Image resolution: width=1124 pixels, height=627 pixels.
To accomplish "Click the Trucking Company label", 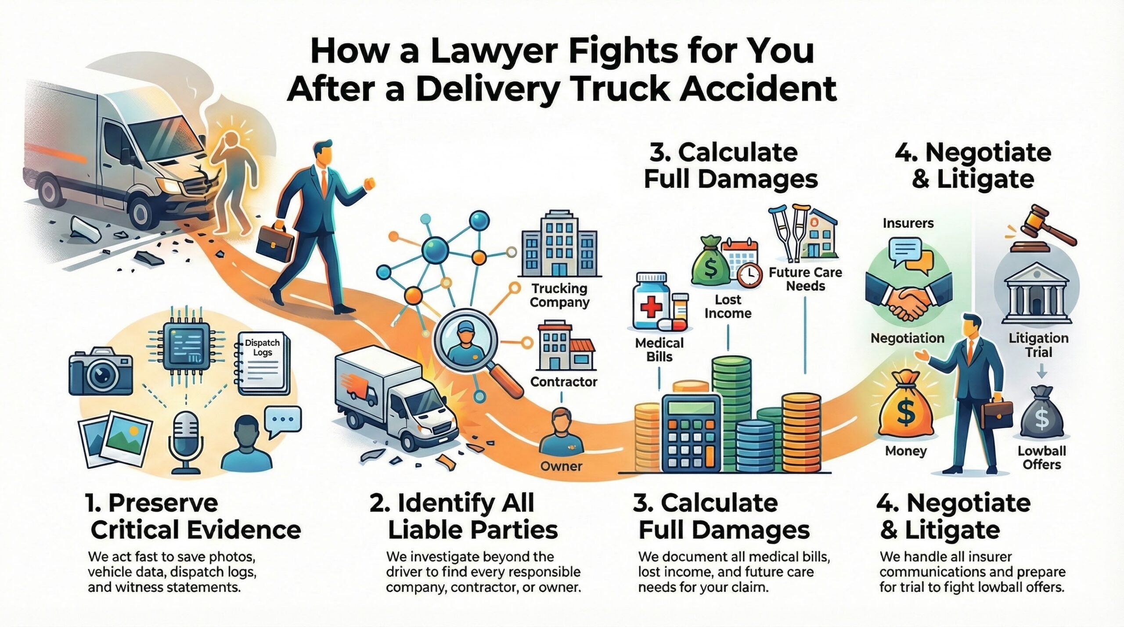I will pos(559,295).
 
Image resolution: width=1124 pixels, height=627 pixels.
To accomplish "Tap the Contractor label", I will pos(563,382).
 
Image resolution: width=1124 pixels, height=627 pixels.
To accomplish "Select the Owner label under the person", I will pos(561,466).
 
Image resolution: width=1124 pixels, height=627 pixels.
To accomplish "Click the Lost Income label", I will pos(728,306).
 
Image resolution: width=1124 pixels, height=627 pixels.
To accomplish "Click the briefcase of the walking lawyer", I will pos(275,244).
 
